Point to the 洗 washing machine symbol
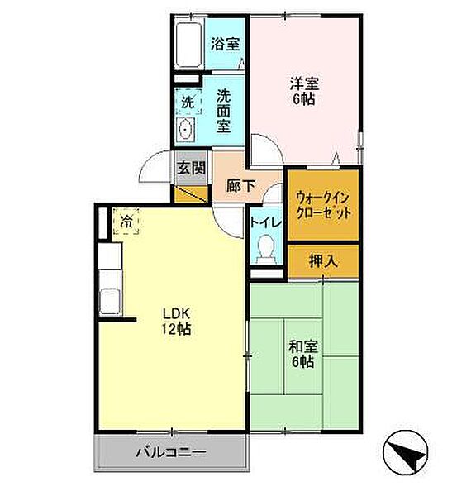point(188,103)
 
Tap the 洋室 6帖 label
point(303,91)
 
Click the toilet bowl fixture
point(266,249)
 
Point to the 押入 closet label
point(323,262)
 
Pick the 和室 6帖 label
point(301,354)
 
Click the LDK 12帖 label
point(175,322)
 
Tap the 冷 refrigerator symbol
point(126,222)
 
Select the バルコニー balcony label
point(170,453)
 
